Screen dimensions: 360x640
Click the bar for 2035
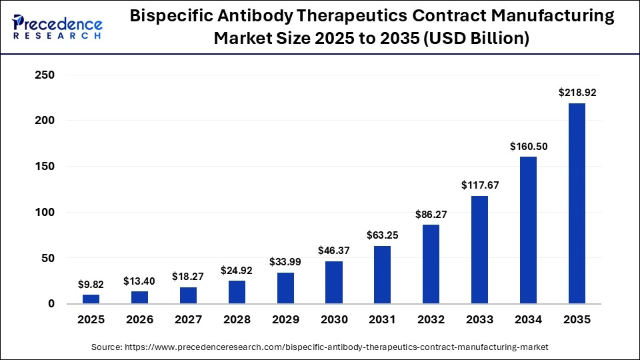click(577, 203)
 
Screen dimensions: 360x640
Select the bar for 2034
click(528, 230)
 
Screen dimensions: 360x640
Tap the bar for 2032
click(431, 264)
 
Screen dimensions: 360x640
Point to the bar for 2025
click(91, 299)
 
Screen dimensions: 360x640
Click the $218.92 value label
click(577, 93)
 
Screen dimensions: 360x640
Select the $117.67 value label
click(479, 185)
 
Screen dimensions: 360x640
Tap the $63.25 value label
click(382, 235)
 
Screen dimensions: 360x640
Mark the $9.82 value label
click(91, 284)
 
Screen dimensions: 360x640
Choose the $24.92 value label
click(237, 270)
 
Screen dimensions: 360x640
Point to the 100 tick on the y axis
click(44, 213)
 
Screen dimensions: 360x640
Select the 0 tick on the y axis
click(51, 304)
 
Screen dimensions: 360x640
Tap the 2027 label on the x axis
click(188, 320)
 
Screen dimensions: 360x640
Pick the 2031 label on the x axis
click(382, 320)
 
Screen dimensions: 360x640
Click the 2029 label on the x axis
click(285, 320)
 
